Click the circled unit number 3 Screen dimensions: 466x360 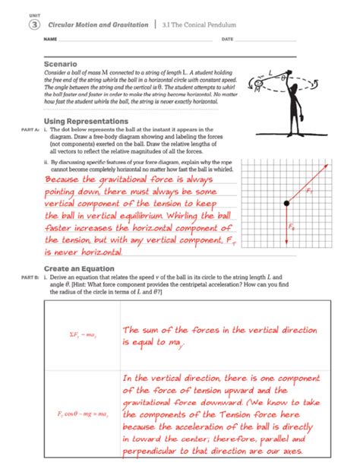(x=33, y=25)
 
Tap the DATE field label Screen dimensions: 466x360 (x=227, y=39)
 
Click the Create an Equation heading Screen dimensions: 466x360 (x=79, y=268)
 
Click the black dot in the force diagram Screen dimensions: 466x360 (x=286, y=204)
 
